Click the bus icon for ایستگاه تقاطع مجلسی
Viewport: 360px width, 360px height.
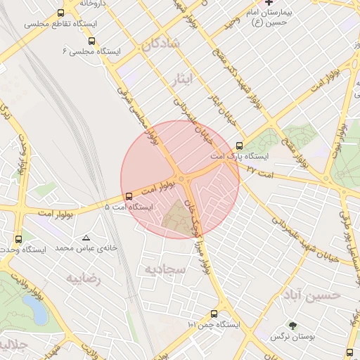coord(61,13)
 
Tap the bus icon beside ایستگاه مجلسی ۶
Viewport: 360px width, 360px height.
coord(94,40)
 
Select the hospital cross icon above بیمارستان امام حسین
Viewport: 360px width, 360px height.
coord(268,4)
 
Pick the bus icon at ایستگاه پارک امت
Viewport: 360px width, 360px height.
coord(240,146)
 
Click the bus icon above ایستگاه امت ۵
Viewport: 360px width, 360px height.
coord(128,196)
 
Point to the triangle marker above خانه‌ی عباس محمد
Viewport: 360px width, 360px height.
coord(86,238)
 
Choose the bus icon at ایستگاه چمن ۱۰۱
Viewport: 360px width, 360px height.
coord(214,314)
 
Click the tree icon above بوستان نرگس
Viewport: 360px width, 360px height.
coord(293,326)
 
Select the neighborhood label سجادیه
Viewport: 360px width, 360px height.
coord(164,269)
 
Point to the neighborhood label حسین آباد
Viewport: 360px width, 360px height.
coord(316,295)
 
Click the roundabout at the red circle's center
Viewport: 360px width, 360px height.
coord(183,180)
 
